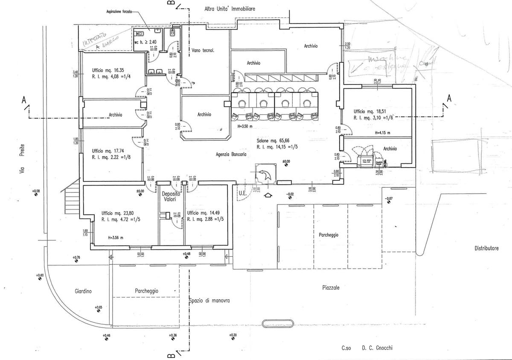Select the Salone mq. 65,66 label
(273, 141)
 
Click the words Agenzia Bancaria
(231, 156)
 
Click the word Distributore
(486, 248)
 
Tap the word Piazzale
(331, 288)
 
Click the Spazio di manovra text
(209, 301)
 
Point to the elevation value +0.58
(35, 191)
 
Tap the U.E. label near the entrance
(241, 192)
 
